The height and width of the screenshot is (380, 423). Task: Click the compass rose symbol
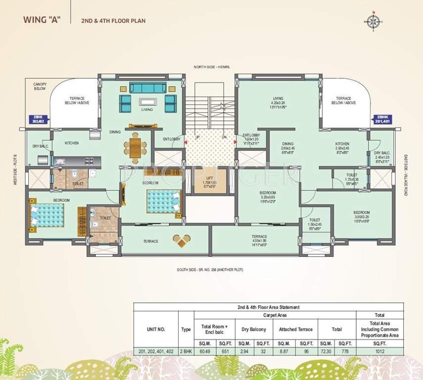(373, 21)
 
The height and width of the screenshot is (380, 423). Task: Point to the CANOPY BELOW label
(40, 87)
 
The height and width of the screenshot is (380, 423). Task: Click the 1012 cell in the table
(380, 352)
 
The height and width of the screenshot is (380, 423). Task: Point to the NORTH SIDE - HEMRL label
(211, 66)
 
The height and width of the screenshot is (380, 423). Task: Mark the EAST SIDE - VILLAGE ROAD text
(405, 175)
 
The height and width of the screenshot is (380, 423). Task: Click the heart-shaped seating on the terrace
(182, 240)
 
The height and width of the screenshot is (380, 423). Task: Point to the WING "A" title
(41, 21)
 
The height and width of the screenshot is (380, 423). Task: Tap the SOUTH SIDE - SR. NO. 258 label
(210, 270)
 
